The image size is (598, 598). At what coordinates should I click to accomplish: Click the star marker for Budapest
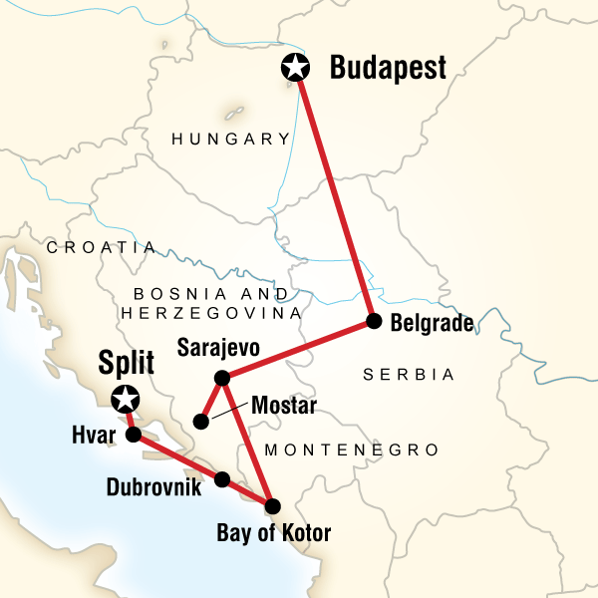[295, 68]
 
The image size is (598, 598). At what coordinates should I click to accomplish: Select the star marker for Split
[125, 400]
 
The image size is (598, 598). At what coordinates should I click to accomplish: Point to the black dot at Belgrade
[374, 321]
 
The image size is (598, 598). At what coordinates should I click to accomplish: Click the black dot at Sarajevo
[222, 378]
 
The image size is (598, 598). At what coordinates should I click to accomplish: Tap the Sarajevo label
[218, 350]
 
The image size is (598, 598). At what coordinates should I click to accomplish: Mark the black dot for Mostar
[200, 422]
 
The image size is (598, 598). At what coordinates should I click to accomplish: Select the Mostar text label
[284, 406]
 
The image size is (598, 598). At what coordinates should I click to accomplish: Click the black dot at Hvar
[133, 436]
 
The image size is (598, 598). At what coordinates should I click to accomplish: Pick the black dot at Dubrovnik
[222, 479]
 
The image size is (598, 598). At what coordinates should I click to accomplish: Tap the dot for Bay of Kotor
[272, 505]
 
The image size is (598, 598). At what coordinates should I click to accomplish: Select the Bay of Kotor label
[272, 534]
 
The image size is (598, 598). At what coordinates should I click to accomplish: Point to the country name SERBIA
[409, 375]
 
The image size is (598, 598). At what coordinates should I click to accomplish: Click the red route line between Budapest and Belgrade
[335, 194]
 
